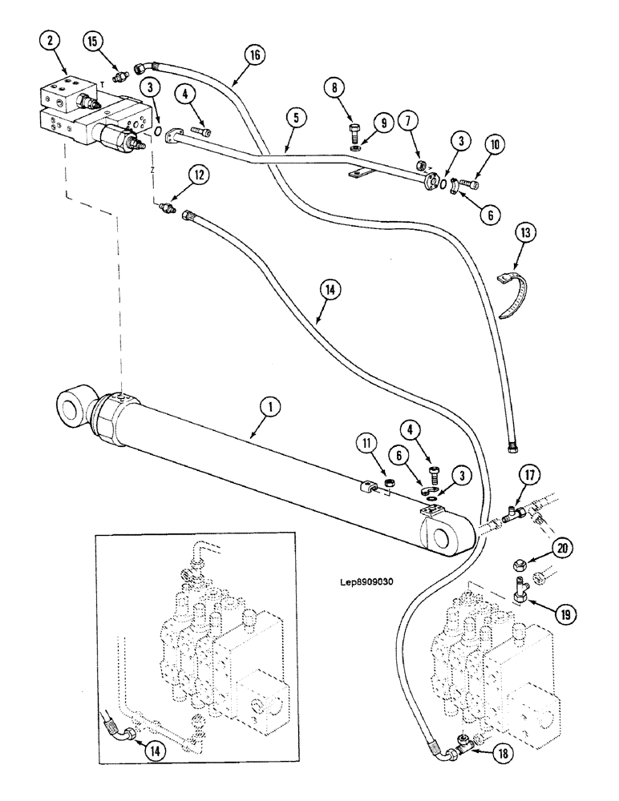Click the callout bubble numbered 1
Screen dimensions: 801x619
[271, 408]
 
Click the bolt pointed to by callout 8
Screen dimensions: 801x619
[354, 130]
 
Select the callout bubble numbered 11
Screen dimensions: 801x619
[366, 443]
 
